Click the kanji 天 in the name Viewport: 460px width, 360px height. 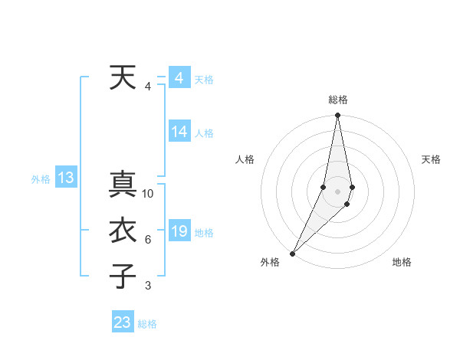122,78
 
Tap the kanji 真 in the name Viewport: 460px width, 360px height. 123,185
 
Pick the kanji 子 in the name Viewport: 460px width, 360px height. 123,276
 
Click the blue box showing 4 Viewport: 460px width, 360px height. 179,78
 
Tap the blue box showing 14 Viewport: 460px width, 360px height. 179,132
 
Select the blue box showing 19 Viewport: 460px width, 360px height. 179,231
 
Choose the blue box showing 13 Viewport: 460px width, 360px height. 66,178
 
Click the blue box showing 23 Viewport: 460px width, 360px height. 123,322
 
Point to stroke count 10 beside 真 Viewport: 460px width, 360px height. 148,194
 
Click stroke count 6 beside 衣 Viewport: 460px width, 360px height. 148,241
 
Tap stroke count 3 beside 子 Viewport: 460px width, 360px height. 148,286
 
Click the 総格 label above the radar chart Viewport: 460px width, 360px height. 338,100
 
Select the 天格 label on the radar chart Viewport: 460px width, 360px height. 432,159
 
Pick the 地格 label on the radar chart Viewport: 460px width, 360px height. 402,262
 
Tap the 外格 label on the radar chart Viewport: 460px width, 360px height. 270,262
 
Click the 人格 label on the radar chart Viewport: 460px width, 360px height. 245,159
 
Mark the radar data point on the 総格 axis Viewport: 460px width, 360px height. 337,116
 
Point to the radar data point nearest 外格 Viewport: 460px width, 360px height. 292,254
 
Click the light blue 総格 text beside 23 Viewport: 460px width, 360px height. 147,324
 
